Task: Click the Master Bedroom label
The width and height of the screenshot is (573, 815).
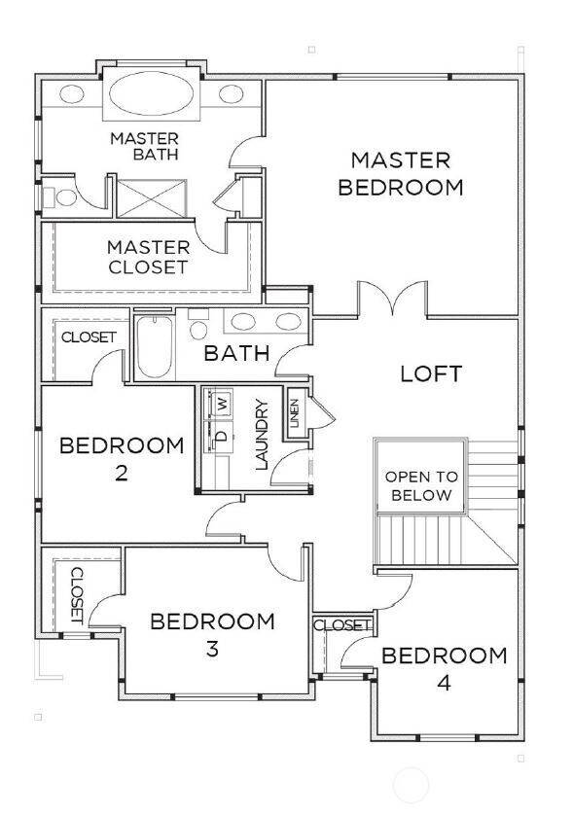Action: pyautogui.click(x=400, y=173)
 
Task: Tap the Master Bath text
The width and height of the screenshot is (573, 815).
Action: pyautogui.click(x=144, y=146)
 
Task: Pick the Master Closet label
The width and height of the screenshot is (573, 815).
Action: pyautogui.click(x=148, y=257)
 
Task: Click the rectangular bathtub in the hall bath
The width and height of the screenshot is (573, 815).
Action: pyautogui.click(x=154, y=347)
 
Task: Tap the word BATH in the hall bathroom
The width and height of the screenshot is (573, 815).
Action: pyautogui.click(x=235, y=353)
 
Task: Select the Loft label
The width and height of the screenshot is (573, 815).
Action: pyautogui.click(x=430, y=373)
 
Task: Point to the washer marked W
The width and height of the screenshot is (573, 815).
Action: pyautogui.click(x=222, y=402)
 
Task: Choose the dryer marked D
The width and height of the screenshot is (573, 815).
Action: pyautogui.click(x=221, y=437)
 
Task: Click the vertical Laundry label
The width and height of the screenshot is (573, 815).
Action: pyautogui.click(x=261, y=434)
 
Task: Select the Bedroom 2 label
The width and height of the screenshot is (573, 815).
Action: pyautogui.click(x=122, y=459)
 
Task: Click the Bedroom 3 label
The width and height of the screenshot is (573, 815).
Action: pyautogui.click(x=212, y=634)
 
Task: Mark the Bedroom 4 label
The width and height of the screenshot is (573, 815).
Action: pyautogui.click(x=444, y=668)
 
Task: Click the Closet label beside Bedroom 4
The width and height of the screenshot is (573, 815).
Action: pyautogui.click(x=341, y=624)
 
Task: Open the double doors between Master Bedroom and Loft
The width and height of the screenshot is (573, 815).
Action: pyautogui.click(x=392, y=299)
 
